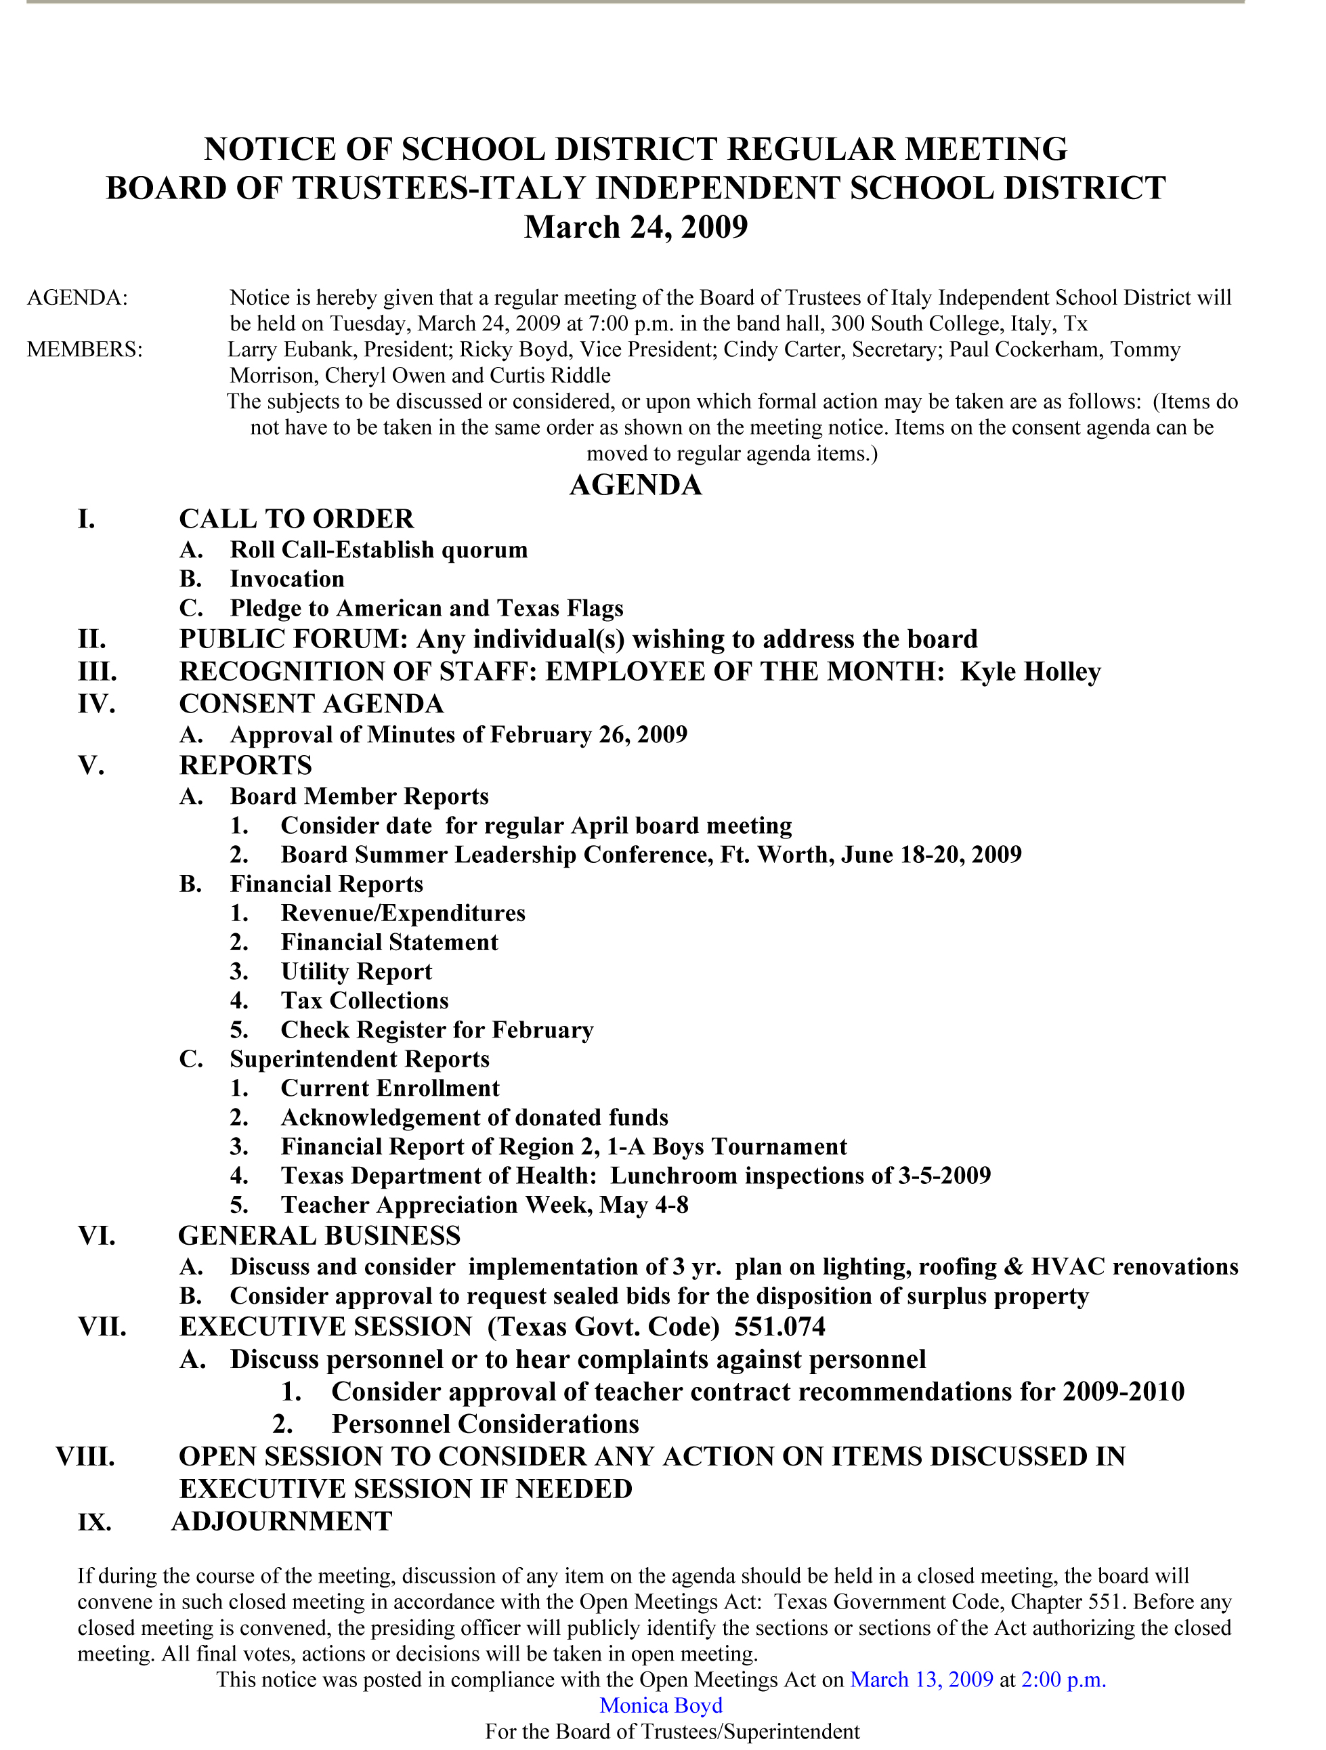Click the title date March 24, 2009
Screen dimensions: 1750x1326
(x=635, y=227)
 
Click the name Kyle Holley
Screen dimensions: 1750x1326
(x=1030, y=672)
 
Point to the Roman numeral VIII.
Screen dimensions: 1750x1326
(x=85, y=1457)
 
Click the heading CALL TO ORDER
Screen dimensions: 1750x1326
(x=297, y=519)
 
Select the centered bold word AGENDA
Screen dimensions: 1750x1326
(x=635, y=485)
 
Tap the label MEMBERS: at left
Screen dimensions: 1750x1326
(x=85, y=349)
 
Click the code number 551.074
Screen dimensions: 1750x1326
(x=779, y=1327)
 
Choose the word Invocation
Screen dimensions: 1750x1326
(x=287, y=579)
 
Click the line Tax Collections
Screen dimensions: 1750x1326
(x=365, y=1001)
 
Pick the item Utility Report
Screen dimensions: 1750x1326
(x=357, y=972)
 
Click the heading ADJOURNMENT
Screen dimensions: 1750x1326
(x=282, y=1521)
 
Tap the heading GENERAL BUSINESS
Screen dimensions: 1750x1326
(x=320, y=1236)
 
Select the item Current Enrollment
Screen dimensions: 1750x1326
(x=390, y=1088)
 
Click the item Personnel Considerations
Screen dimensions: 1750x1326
(x=485, y=1424)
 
